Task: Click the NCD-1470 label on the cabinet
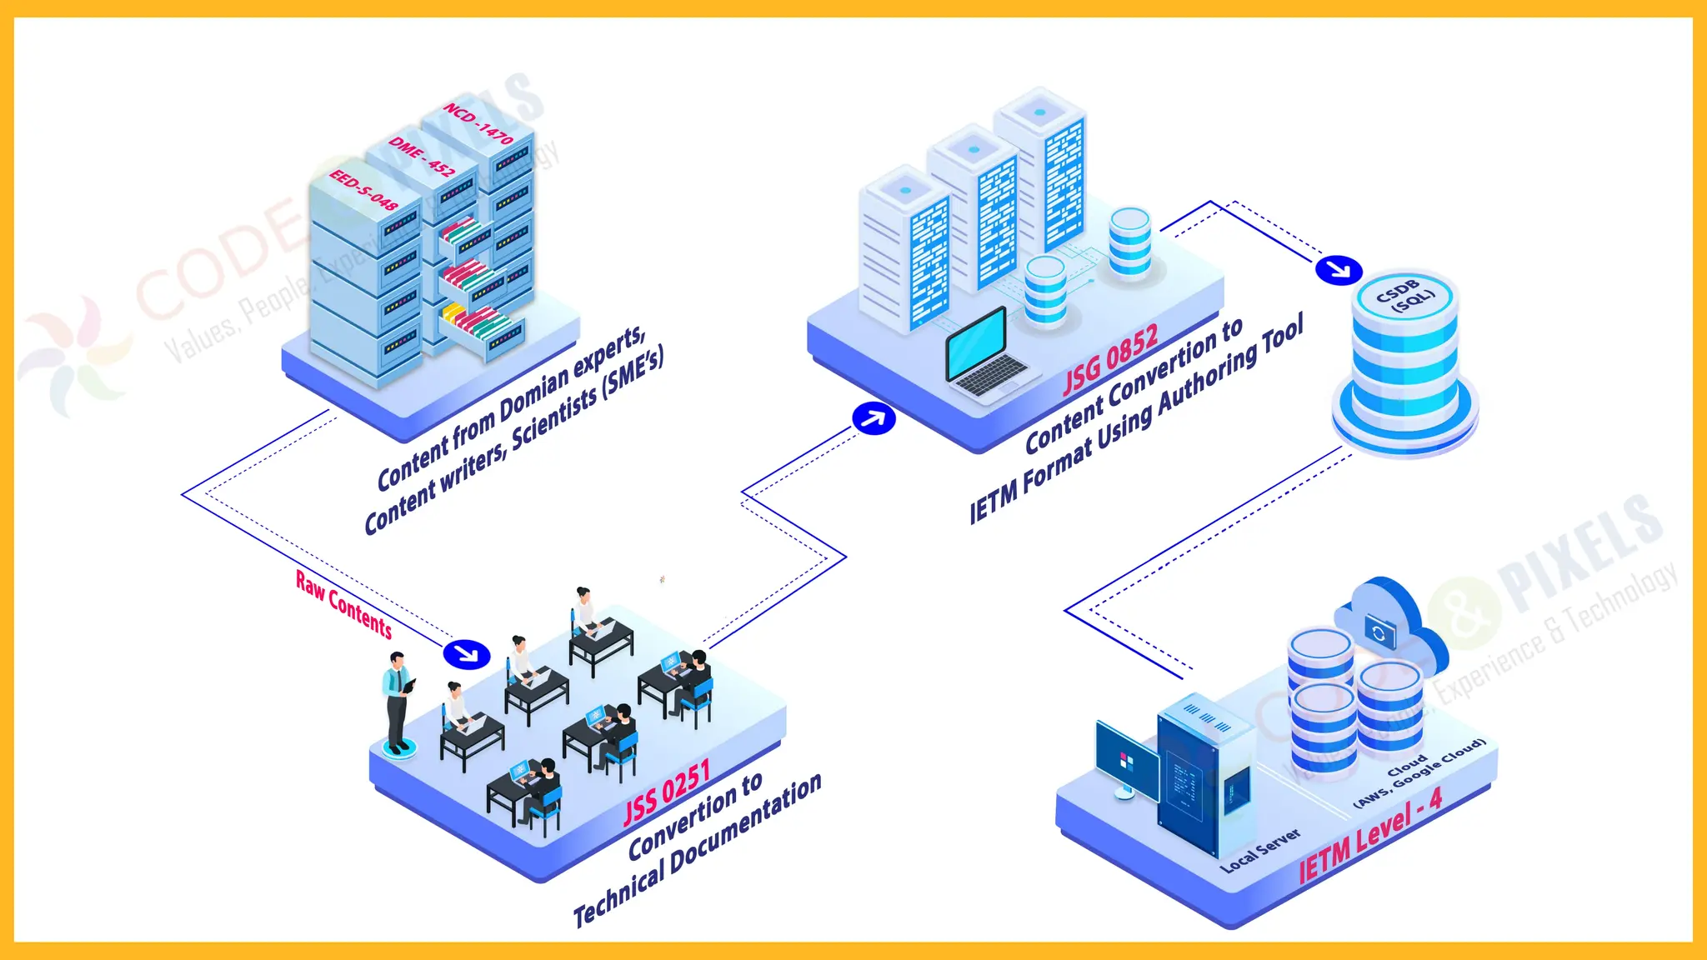[x=478, y=123]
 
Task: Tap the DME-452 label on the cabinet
[x=422, y=156]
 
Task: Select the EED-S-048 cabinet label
[x=363, y=189]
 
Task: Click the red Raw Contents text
[x=343, y=604]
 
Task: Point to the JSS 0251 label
[x=667, y=792]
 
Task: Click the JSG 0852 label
[x=1110, y=359]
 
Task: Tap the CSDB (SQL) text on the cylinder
[x=1405, y=295]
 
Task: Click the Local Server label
[x=1259, y=850]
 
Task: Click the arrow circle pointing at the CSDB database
[x=1339, y=270]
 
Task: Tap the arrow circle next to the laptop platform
[x=874, y=418]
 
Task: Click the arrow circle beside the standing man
[x=467, y=653]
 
